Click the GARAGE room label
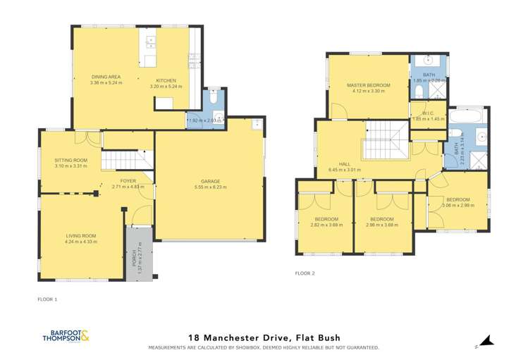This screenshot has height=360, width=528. tap(207, 180)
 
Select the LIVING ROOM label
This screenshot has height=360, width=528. tap(80, 235)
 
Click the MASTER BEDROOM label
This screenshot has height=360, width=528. tap(368, 85)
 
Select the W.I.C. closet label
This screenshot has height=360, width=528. tap(427, 113)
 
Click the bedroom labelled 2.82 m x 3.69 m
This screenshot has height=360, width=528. tap(326, 219)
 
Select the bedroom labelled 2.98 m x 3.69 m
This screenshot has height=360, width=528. tap(381, 219)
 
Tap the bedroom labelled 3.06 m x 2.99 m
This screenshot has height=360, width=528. tap(458, 199)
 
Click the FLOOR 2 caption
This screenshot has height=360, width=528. tap(305, 272)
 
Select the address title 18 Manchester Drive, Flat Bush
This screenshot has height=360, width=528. tap(264, 339)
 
